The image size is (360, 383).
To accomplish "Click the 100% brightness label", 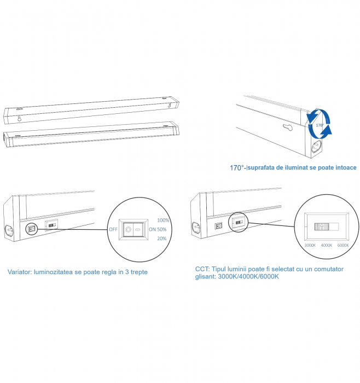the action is pos(163,220).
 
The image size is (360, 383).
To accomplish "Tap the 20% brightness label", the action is pos(162,239).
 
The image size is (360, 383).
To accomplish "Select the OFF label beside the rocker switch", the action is pos(113,229).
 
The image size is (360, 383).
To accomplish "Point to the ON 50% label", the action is pos(158,229).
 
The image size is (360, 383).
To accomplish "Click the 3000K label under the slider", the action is pos(310,245).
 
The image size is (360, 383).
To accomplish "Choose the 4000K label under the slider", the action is pos(327,245).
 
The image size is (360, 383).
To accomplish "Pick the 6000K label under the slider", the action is pos(343,245).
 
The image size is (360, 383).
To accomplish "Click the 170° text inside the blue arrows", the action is pos(320,125).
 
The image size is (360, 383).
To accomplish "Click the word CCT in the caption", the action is pos(202,269).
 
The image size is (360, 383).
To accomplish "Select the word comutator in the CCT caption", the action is pos(329,269).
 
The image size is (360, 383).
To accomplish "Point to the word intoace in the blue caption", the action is pos(346,167).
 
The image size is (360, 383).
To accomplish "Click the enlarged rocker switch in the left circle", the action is pos(133,229).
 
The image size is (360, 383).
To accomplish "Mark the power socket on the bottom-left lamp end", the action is pos(9,230).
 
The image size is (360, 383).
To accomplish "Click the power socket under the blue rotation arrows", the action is pos(317,147).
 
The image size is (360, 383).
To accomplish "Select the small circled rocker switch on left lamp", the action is pos(31,229).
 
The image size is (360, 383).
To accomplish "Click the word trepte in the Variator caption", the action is pos(139,272).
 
